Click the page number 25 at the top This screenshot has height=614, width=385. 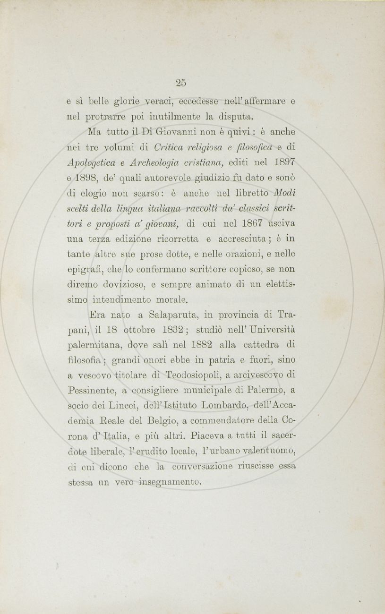(180, 83)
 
